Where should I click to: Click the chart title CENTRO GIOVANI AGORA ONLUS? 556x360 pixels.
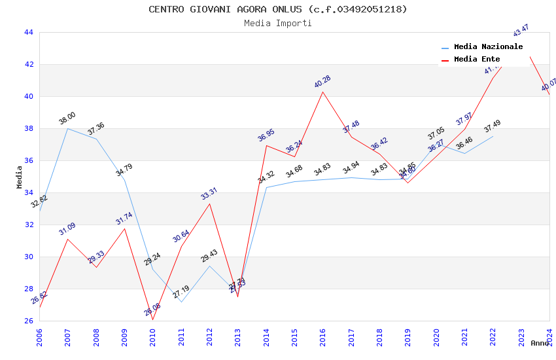(x=277, y=9)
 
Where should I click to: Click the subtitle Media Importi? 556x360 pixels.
(x=277, y=24)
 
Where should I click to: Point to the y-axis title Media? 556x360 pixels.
(x=20, y=177)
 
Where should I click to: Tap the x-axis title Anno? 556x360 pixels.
(x=540, y=343)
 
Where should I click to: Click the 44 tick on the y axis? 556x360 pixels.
(x=28, y=33)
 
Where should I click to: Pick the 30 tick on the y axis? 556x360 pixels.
(x=28, y=257)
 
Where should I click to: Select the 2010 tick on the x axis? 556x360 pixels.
(x=153, y=336)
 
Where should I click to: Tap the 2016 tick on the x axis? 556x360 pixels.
(x=323, y=336)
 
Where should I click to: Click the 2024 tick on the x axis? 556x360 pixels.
(x=549, y=336)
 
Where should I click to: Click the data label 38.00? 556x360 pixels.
(x=67, y=118)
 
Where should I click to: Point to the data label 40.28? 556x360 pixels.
(x=322, y=82)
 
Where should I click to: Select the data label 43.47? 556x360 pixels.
(x=521, y=30)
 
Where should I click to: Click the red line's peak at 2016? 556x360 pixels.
(x=323, y=92)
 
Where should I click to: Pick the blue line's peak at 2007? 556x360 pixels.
(x=67, y=128)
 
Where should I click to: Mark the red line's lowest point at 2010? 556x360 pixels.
(x=153, y=319)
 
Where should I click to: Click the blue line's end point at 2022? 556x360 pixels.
(x=493, y=136)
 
